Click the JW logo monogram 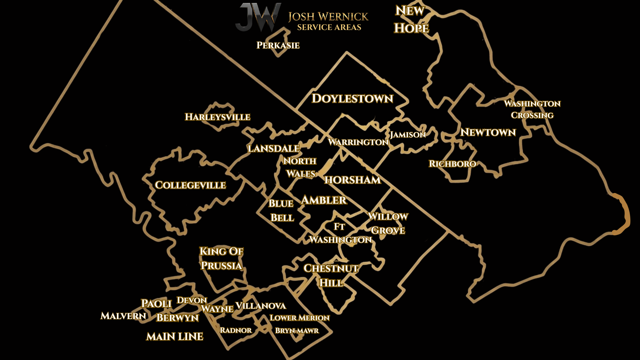258,17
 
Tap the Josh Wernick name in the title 328,17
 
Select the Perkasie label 278,45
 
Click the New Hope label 411,20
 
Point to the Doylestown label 352,99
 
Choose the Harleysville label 217,117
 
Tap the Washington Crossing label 532,109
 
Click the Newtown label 488,132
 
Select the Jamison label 408,135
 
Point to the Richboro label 452,164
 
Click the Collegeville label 190,185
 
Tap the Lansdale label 273,148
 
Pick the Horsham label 352,180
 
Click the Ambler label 324,200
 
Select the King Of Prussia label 221,258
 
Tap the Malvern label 123,316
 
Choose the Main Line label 175,336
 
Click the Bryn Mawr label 297,331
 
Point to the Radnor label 236,330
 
